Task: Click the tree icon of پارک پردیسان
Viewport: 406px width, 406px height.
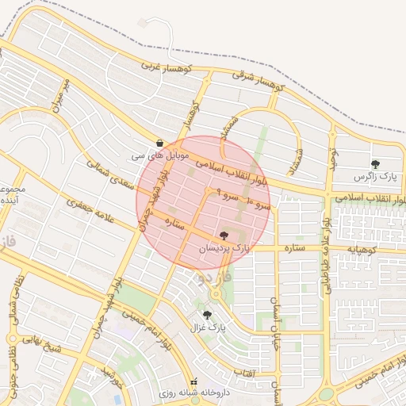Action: pyautogui.click(x=224, y=236)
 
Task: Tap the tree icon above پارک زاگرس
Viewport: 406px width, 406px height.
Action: pyautogui.click(x=375, y=163)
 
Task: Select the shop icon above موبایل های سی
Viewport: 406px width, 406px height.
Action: pyautogui.click(x=161, y=143)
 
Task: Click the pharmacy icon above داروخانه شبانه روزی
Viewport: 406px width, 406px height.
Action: pyautogui.click(x=194, y=381)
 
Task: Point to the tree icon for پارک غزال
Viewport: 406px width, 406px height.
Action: pyautogui.click(x=207, y=315)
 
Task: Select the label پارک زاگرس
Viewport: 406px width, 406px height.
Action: pyautogui.click(x=374, y=175)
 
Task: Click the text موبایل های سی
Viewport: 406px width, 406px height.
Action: pyautogui.click(x=161, y=155)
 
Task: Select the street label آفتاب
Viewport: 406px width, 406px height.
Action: pyautogui.click(x=242, y=373)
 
